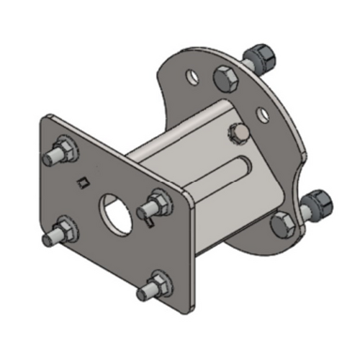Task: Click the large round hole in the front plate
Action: click(x=114, y=209)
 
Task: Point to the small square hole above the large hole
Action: click(x=84, y=181)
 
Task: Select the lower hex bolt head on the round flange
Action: click(x=282, y=225)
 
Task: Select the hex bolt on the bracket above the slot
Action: click(x=240, y=134)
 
